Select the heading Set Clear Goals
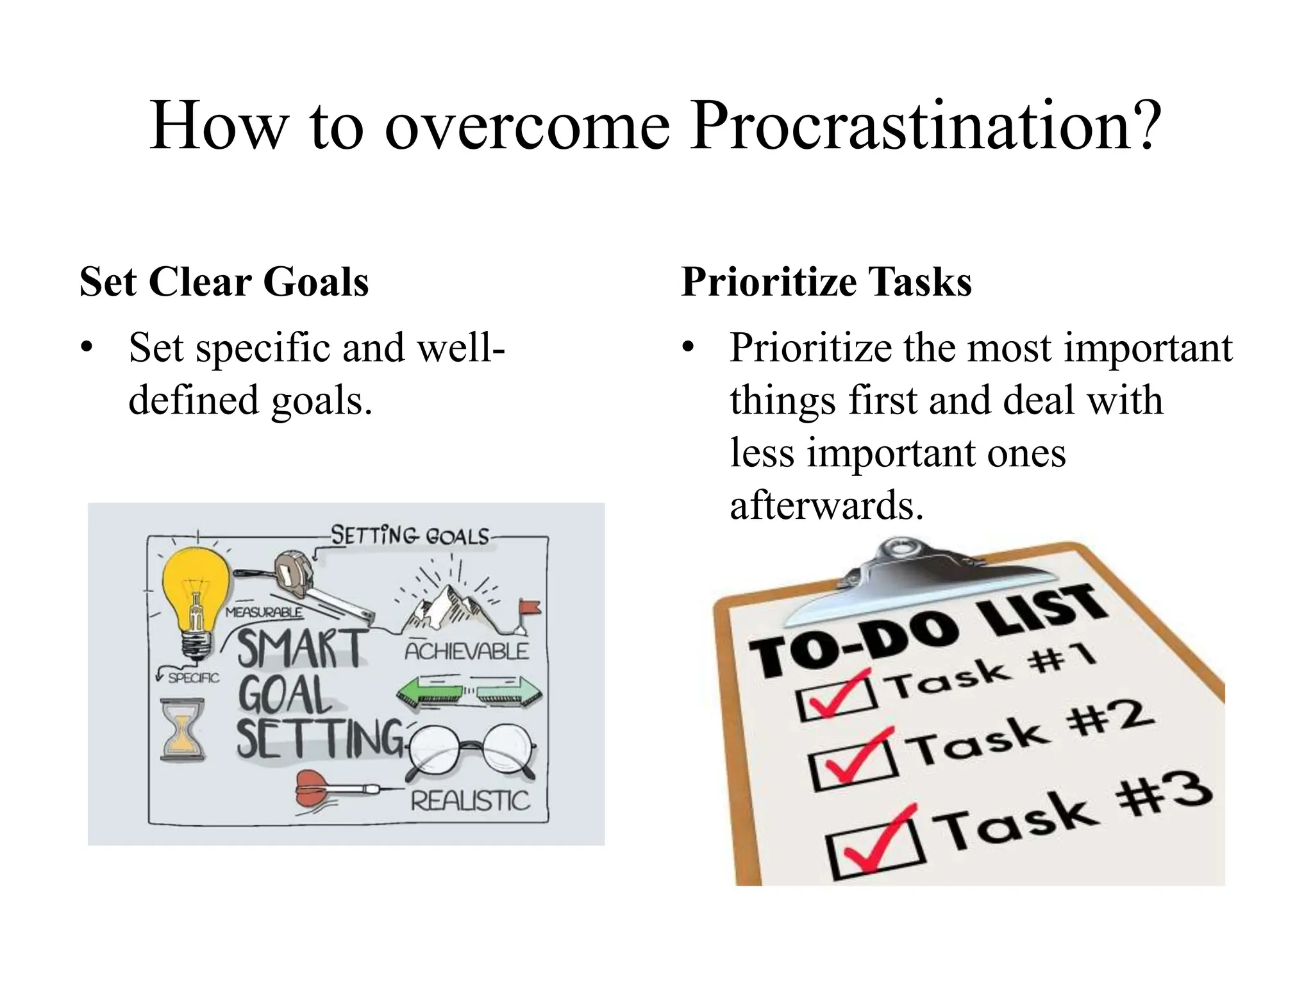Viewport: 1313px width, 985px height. coord(224,282)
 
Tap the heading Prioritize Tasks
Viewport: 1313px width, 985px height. coord(826,282)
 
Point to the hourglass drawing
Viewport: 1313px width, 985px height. coord(183,731)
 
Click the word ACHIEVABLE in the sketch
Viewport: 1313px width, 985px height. coord(466,652)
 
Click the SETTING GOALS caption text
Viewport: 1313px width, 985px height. coord(410,535)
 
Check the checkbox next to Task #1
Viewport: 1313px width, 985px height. coord(836,696)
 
